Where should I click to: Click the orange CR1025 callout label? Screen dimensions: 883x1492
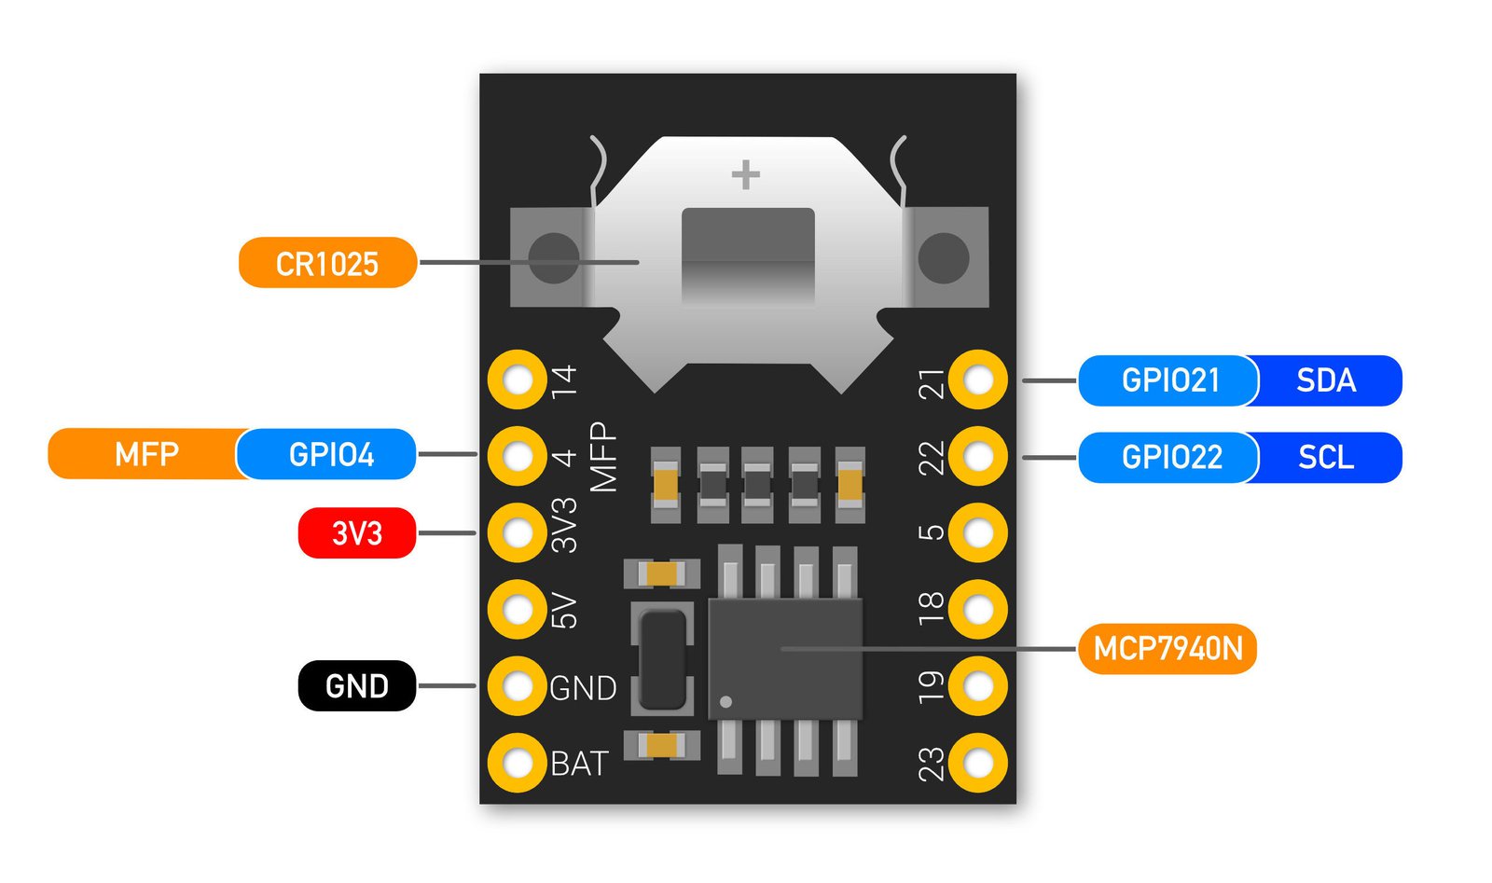(327, 263)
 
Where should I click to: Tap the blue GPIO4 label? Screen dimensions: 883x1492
(330, 454)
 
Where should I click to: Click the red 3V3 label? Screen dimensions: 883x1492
(357, 533)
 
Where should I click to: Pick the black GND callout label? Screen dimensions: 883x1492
(357, 686)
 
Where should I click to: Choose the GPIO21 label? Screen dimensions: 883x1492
(1169, 380)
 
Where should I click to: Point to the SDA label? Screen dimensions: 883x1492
(1327, 380)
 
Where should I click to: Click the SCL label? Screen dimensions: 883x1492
(1327, 457)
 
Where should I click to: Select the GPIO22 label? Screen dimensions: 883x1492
(1171, 457)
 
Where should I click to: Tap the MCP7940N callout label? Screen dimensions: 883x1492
(1167, 648)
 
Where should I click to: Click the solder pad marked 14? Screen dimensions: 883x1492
(517, 379)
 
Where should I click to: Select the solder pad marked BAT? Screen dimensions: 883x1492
(517, 763)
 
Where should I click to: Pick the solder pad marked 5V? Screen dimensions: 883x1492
(517, 610)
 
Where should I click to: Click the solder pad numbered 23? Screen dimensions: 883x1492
(978, 763)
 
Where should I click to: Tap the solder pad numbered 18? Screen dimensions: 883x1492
(978, 610)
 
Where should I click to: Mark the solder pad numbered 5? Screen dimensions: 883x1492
(978, 533)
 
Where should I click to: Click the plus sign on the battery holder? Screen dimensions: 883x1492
(745, 174)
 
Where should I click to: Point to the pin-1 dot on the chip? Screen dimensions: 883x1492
(726, 701)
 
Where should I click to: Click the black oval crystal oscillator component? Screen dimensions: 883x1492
(663, 657)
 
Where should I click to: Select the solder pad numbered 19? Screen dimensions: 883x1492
(978, 686)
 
